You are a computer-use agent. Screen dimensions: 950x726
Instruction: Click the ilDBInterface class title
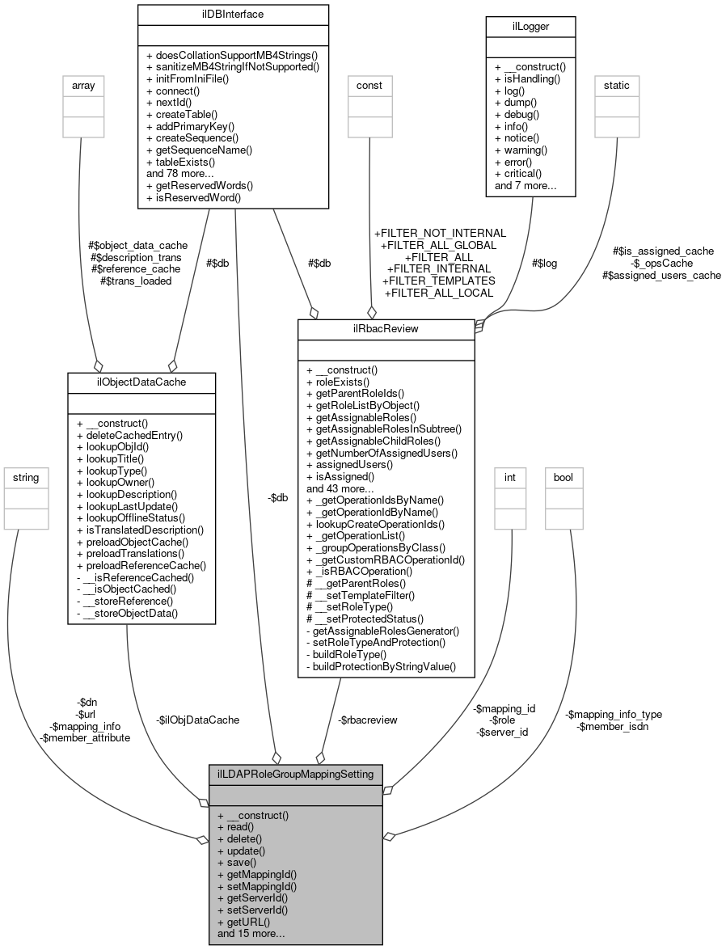pos(233,14)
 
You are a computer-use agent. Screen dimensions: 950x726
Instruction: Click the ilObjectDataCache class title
pos(141,382)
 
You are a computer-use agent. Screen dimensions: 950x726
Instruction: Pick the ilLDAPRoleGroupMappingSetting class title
pos(295,774)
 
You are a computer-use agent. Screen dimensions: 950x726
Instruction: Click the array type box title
pos(78,85)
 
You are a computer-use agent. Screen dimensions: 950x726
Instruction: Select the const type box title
pos(369,85)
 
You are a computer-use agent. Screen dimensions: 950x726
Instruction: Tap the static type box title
pos(617,85)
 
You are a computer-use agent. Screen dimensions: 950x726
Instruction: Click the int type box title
pos(510,478)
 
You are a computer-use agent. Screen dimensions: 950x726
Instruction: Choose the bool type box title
pos(563,478)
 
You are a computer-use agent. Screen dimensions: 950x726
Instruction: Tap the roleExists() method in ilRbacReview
pos(337,382)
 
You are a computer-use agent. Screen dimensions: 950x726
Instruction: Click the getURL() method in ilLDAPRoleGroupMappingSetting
pos(243,921)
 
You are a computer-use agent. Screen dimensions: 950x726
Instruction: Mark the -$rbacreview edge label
pos(367,719)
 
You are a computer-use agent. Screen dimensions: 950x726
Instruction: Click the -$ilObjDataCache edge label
pos(198,719)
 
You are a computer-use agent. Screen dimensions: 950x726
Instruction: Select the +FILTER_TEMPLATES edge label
pos(438,281)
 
